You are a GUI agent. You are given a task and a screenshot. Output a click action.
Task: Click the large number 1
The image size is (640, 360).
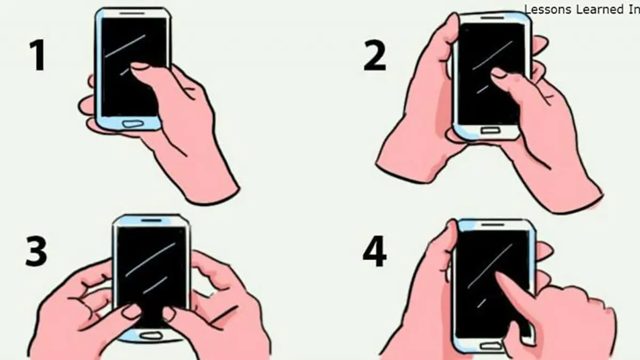pyautogui.click(x=38, y=55)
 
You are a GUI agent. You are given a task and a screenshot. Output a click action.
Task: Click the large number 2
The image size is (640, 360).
pyautogui.click(x=374, y=55)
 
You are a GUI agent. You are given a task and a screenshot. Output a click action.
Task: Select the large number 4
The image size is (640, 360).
pyautogui.click(x=374, y=251)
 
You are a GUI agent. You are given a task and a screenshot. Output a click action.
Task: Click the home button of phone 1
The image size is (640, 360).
pyautogui.click(x=133, y=124)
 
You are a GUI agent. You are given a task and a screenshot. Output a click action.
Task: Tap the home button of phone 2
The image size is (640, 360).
pyautogui.click(x=491, y=131)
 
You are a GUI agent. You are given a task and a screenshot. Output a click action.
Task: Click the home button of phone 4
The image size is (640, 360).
pyautogui.click(x=492, y=346)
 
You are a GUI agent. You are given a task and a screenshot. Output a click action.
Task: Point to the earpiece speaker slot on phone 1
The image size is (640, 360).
pyautogui.click(x=132, y=13)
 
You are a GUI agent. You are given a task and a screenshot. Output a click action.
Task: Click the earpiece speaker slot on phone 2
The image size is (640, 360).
pyautogui.click(x=493, y=18)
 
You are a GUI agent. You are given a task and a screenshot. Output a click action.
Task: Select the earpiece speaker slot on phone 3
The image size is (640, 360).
pyautogui.click(x=151, y=221)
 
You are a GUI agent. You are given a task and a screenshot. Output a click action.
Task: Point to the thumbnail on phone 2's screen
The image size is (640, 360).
pyautogui.click(x=499, y=73)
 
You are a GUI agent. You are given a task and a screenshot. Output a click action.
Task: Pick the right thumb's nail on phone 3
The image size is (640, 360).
pyautogui.click(x=169, y=314)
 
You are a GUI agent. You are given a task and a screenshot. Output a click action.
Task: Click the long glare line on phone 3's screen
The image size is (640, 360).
pyautogui.click(x=150, y=260)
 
